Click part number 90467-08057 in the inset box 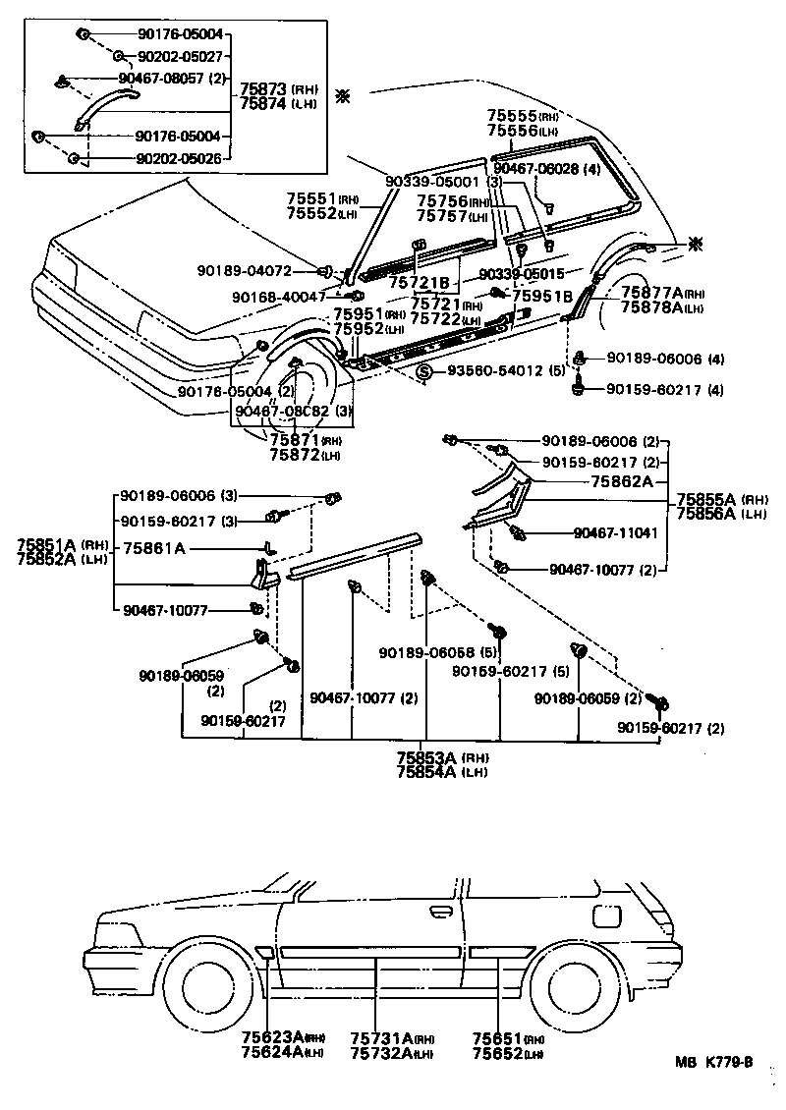click(161, 78)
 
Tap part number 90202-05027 click(180, 56)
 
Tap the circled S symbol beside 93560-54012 click(423, 371)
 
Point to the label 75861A click(152, 547)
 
